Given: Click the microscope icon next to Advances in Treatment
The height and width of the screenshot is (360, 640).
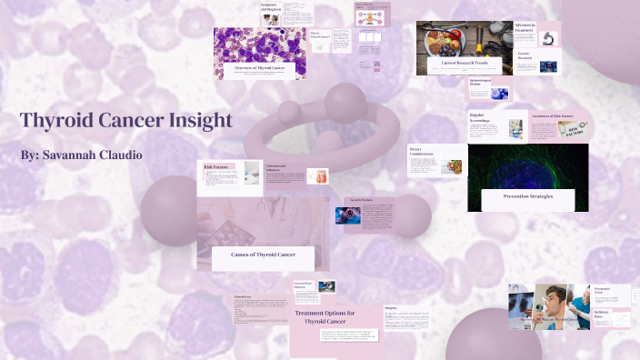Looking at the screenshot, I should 549,39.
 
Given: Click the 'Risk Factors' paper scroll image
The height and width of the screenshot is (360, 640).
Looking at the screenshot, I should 572,132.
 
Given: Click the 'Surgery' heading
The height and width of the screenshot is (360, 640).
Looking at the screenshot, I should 391,308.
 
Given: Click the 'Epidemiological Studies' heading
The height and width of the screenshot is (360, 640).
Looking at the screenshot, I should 479,83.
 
